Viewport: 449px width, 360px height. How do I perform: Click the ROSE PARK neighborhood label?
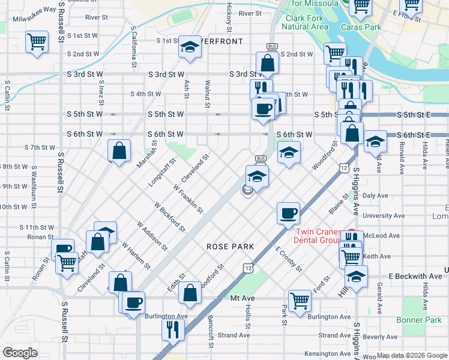point(231,247)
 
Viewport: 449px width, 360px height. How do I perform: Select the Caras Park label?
point(361,27)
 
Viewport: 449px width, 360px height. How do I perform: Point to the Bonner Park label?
point(418,320)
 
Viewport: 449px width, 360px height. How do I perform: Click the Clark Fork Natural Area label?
point(305,22)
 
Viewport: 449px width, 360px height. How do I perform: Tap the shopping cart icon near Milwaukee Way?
point(37,43)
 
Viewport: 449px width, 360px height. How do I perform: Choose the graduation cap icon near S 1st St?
point(189,47)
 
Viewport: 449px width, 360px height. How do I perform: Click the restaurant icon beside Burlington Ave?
point(171,329)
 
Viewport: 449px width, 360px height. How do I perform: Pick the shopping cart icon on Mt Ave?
point(300,301)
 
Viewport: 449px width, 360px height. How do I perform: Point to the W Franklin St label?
point(187,198)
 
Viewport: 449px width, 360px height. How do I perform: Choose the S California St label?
point(134,50)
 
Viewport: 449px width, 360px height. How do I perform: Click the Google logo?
point(20,352)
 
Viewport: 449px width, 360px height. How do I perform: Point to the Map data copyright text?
point(411,355)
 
